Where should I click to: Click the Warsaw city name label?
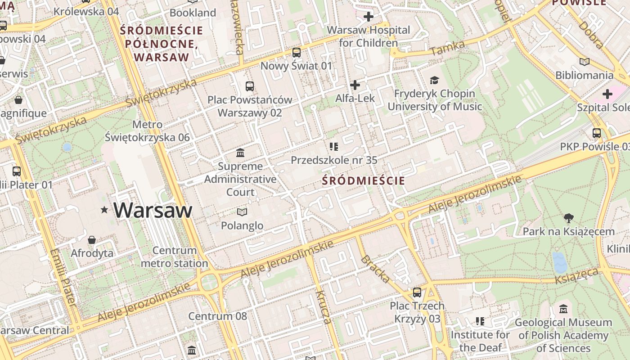pos(153,210)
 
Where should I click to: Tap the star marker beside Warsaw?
pos(104,210)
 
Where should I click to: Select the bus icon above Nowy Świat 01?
pos(296,53)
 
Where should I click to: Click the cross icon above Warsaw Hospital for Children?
pos(368,17)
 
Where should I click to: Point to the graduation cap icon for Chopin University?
pos(434,80)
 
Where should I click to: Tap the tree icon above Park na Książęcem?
pos(568,219)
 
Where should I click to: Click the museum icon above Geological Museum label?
pos(563,309)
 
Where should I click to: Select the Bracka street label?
pos(375,269)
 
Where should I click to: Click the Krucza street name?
pos(323,307)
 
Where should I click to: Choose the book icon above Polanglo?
pos(242,212)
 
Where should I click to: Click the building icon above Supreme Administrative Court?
pos(240,153)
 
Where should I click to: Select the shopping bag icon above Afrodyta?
pos(92,240)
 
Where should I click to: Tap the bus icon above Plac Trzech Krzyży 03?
pos(417,292)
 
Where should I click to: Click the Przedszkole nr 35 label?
pos(334,160)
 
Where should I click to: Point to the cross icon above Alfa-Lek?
pos(355,85)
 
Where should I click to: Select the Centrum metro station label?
pos(174,256)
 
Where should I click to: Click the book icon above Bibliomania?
pos(584,62)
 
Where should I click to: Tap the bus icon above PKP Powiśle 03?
pos(597,133)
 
